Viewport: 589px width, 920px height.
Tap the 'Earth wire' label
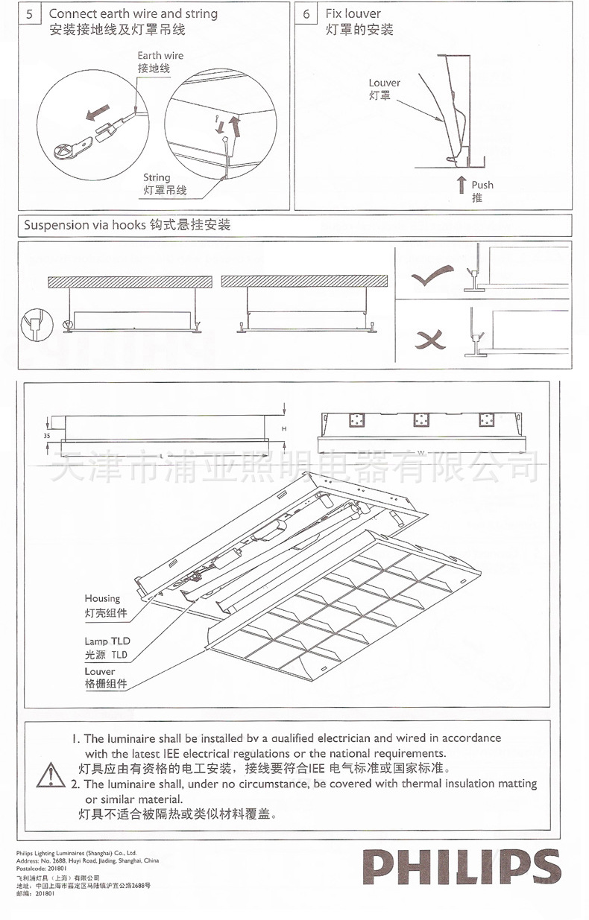160,56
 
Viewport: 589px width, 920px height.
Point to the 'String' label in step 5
157,178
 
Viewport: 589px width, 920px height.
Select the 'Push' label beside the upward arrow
482,185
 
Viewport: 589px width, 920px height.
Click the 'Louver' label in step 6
384,83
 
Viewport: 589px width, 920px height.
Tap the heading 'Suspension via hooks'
86,225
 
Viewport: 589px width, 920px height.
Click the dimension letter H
284,429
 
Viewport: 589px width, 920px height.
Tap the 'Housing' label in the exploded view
102,598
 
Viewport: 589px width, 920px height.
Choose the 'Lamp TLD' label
107,641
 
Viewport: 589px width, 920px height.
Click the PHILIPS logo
461,869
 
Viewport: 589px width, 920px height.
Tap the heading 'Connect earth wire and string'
133,14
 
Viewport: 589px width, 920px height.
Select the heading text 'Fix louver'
353,14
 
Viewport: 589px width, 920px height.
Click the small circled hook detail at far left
34,324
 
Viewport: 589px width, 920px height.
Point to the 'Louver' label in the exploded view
100,671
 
